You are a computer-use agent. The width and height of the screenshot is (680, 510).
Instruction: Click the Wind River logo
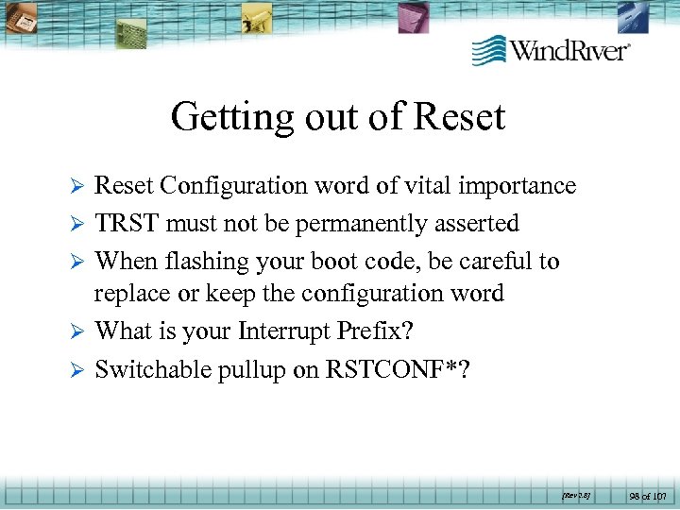point(551,49)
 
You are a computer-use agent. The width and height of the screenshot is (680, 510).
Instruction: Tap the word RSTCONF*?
point(398,369)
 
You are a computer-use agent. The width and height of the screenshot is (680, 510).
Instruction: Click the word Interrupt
point(289,331)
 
